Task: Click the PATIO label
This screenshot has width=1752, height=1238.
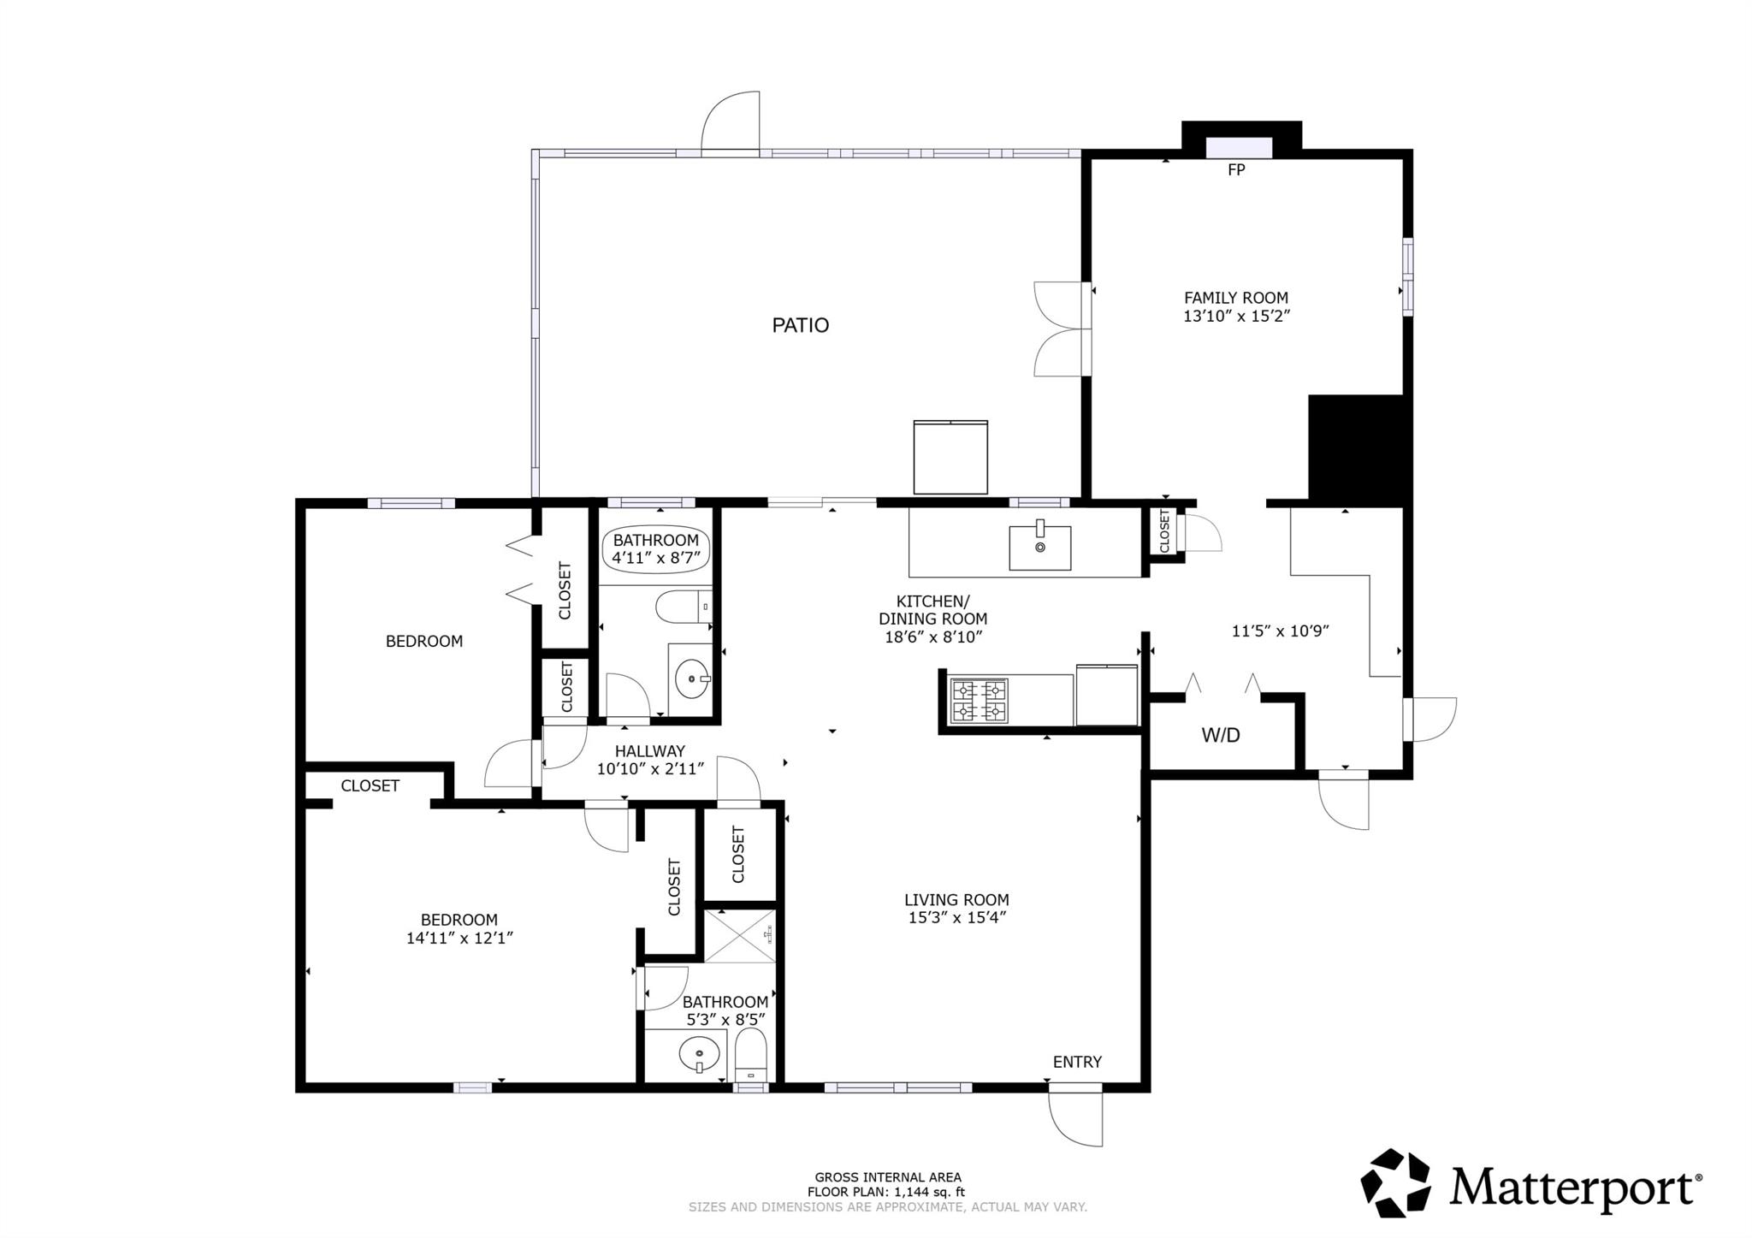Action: [x=801, y=325]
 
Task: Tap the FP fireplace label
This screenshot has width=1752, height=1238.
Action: [x=1236, y=170]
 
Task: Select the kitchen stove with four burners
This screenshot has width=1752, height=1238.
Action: [x=980, y=701]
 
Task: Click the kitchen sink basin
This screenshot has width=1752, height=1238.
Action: [x=1039, y=548]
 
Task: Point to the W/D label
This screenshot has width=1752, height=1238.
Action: [x=1221, y=735]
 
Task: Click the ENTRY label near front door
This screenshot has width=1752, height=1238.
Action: [x=1077, y=1062]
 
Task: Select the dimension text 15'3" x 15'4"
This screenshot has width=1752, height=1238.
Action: [x=956, y=918]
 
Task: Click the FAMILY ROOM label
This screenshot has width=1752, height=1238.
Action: [x=1236, y=298]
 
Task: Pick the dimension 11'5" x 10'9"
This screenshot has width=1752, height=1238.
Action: [x=1280, y=631]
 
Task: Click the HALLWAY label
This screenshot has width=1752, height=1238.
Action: [x=650, y=751]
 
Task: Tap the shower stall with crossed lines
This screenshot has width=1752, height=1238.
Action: [x=740, y=936]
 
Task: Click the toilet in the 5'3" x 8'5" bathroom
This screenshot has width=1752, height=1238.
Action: [x=751, y=1056]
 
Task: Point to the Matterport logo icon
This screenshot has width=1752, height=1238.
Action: [x=1395, y=1183]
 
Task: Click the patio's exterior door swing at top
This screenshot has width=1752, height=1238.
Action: [x=730, y=122]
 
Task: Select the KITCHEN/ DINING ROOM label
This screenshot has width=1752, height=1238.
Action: [x=932, y=610]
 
